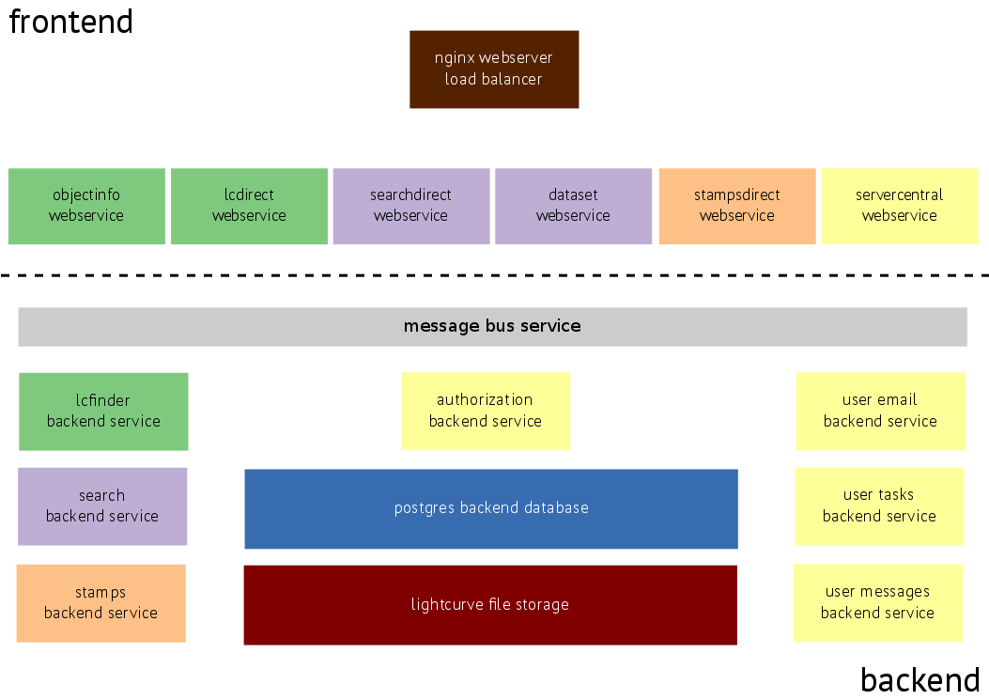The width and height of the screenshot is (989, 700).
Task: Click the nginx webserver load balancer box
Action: pos(494,69)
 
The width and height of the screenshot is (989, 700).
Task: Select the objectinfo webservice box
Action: pos(86,206)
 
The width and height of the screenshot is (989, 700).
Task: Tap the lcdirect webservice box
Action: pos(249,206)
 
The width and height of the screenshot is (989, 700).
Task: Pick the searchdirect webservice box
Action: pos(410,206)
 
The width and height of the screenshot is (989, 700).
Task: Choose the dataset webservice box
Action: pos(573,206)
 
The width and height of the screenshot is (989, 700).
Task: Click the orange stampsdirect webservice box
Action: pos(736,206)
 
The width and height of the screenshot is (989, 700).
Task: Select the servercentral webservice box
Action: pos(899,206)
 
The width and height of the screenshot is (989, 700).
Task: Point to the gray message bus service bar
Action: pos(492,326)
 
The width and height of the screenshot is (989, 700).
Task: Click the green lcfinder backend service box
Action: pos(103,411)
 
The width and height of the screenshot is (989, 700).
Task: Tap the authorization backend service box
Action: pos(485,411)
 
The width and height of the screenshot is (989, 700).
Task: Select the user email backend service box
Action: pos(880,411)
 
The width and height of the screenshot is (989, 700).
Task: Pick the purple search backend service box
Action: pos(101,506)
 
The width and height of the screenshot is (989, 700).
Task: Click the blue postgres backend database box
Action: pos(490,508)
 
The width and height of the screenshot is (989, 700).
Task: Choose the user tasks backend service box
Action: pos(879,506)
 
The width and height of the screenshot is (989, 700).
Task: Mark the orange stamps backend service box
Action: pos(100,602)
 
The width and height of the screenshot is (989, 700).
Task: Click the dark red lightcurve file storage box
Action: pos(489,604)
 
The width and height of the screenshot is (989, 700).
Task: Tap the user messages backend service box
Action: pos(877,602)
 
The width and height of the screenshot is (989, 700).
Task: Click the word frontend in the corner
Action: pos(71,21)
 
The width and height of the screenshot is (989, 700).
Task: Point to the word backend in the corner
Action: pos(919,678)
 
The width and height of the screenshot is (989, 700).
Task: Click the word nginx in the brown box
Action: pos(455,58)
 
